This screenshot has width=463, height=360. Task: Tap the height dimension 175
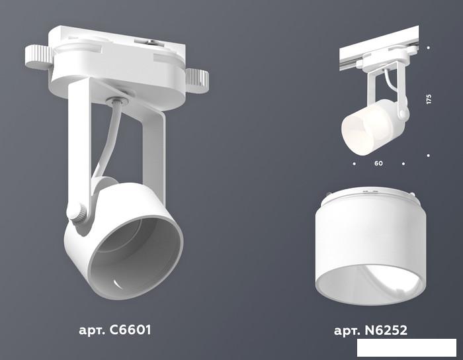(x=429, y=99)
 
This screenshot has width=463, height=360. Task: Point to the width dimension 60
(x=378, y=163)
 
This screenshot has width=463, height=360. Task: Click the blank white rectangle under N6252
(x=407, y=347)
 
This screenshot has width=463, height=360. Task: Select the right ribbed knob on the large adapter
(x=197, y=81)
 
